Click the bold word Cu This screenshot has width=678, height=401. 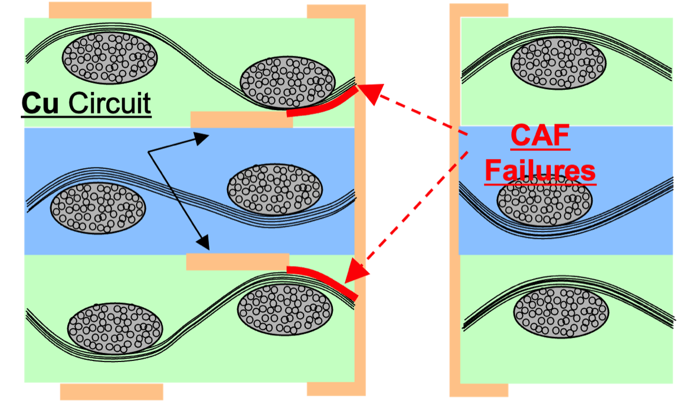(41, 104)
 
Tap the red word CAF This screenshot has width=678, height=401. (540, 137)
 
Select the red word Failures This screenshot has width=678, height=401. (540, 169)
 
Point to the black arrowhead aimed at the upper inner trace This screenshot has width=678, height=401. (203, 138)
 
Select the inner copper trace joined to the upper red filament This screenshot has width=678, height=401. (241, 120)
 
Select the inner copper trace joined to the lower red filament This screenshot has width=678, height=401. (237, 261)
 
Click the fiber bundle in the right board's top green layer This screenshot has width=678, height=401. (558, 63)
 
